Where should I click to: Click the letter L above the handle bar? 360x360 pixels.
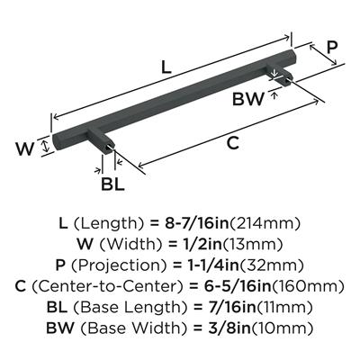(x=166, y=67)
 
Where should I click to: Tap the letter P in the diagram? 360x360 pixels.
(x=332, y=47)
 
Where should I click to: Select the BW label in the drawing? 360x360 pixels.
(x=248, y=99)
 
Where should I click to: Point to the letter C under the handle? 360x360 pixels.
(x=233, y=143)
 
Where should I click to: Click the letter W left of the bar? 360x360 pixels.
(x=25, y=149)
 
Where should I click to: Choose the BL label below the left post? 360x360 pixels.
(x=112, y=184)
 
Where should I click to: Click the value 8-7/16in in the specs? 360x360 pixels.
(x=196, y=223)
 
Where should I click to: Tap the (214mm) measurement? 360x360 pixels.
(x=265, y=223)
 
